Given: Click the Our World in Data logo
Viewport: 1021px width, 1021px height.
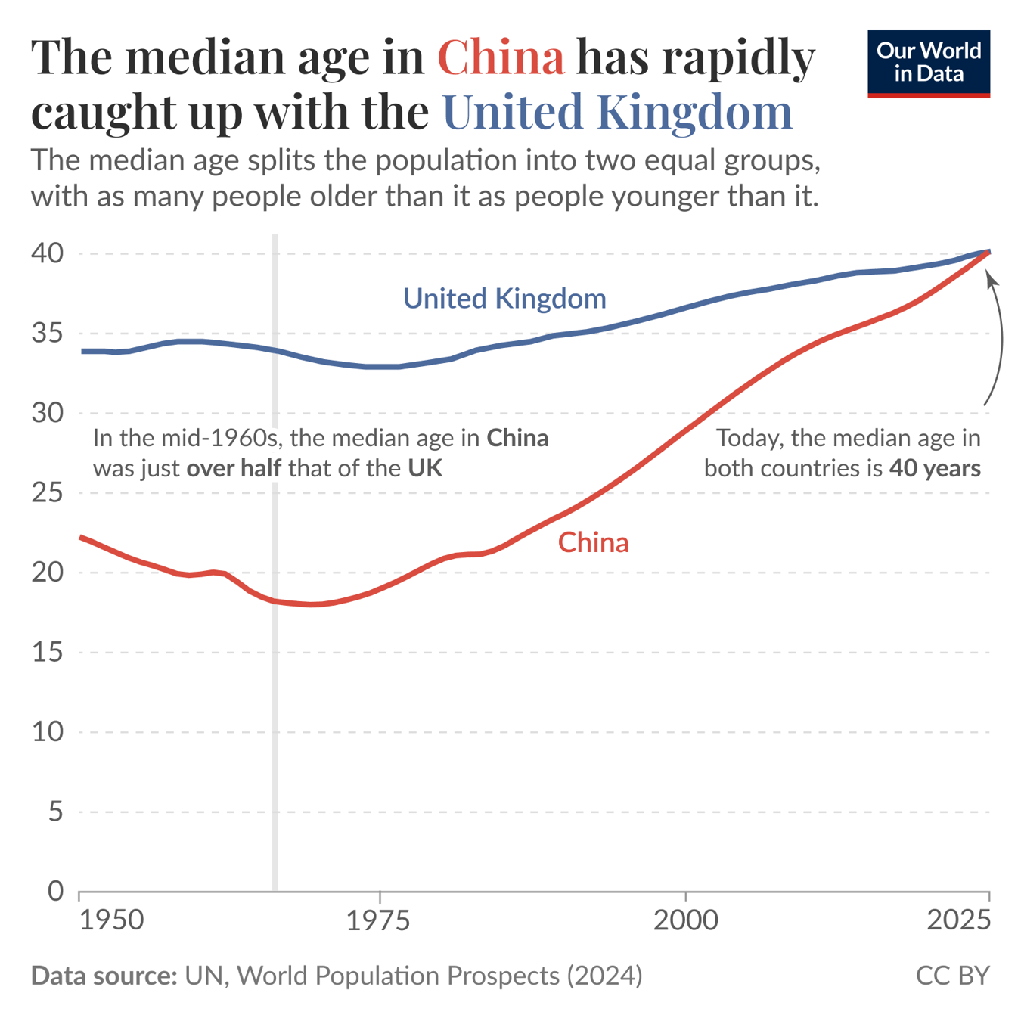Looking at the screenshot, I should click(x=928, y=64).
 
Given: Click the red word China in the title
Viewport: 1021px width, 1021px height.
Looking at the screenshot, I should click(x=501, y=57).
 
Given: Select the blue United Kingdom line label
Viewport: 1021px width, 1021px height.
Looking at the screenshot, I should click(x=504, y=299).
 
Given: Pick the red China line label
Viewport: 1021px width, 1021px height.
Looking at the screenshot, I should click(x=593, y=542).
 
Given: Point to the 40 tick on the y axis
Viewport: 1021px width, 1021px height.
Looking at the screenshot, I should click(x=47, y=253).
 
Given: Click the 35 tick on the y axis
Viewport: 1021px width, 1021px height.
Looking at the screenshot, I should click(x=47, y=333).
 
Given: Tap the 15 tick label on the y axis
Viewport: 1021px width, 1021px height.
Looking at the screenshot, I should click(x=47, y=652).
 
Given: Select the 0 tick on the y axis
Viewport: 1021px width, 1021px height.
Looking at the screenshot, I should click(x=55, y=891).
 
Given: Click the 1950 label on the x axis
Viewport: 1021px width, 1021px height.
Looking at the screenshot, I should click(x=111, y=920).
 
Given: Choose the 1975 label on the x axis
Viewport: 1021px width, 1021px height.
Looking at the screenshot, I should click(x=378, y=920).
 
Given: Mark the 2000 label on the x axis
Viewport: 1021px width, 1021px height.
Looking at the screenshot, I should click(x=685, y=920).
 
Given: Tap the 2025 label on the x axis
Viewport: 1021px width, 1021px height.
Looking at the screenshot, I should click(x=958, y=920).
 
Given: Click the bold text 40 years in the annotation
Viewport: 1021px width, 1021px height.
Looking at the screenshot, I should click(x=935, y=468).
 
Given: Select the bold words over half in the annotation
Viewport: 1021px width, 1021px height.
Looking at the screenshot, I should click(x=234, y=468).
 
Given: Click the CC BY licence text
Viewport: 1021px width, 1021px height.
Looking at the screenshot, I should click(x=952, y=976).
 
